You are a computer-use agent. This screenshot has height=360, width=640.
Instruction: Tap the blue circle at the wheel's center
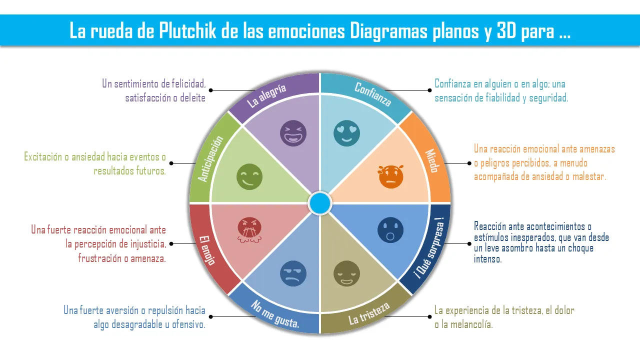(320, 203)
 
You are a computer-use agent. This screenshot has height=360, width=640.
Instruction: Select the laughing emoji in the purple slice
(293, 133)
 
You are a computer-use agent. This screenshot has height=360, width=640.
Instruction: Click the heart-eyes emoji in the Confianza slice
(347, 133)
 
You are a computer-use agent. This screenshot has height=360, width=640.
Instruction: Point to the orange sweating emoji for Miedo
(391, 176)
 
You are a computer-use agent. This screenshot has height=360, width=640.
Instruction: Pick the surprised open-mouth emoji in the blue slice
(391, 230)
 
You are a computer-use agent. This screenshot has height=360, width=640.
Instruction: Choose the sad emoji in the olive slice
(346, 273)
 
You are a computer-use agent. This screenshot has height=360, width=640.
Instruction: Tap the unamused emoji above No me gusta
(293, 273)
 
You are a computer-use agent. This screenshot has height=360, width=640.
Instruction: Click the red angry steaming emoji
(249, 230)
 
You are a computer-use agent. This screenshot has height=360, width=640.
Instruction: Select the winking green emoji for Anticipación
(249, 177)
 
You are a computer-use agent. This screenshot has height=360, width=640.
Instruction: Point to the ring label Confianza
(372, 94)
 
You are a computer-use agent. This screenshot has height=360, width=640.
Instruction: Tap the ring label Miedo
(431, 160)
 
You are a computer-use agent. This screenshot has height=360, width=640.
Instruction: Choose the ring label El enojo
(207, 249)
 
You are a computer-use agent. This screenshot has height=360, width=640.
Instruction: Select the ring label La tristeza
(369, 313)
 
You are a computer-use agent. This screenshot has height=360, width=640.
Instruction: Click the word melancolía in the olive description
(467, 324)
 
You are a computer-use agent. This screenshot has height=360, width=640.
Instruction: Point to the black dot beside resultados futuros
(171, 163)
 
